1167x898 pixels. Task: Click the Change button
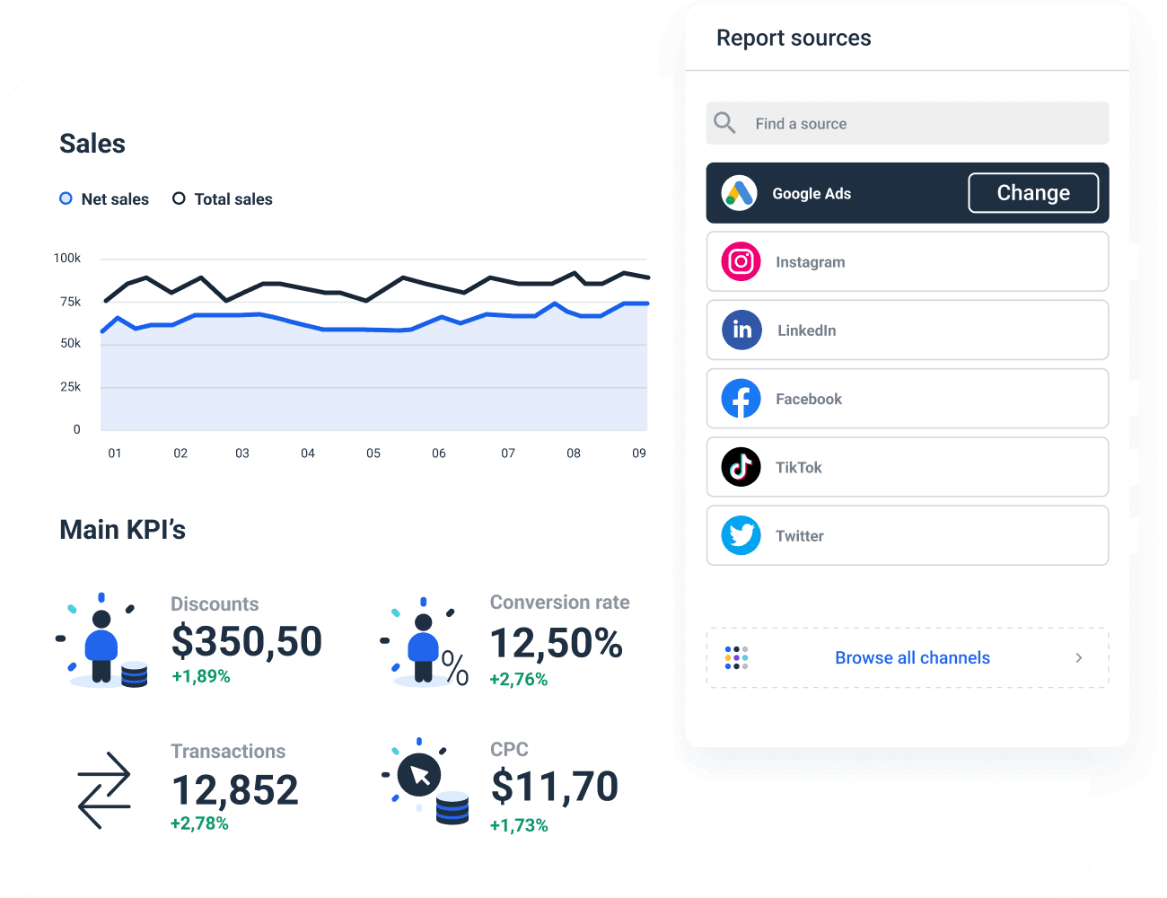(x=1033, y=193)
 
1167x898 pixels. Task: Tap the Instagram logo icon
(x=741, y=261)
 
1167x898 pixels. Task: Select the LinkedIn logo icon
(x=741, y=330)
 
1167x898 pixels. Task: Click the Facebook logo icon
(x=741, y=399)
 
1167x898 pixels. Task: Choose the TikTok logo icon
(x=741, y=467)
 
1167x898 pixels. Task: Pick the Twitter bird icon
(x=741, y=535)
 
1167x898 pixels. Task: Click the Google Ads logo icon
(x=739, y=193)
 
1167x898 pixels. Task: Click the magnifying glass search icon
(x=724, y=123)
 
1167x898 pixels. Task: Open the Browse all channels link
(x=912, y=658)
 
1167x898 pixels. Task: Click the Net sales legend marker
(x=66, y=198)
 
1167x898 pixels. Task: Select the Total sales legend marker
(x=179, y=198)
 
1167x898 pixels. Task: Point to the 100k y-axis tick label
(x=66, y=259)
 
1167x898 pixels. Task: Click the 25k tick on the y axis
(x=70, y=387)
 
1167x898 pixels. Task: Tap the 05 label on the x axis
(x=373, y=453)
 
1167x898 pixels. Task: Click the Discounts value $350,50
(x=247, y=641)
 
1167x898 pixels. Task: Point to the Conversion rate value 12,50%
(x=557, y=643)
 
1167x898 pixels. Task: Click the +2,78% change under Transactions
(x=199, y=823)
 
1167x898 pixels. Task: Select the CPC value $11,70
(x=555, y=787)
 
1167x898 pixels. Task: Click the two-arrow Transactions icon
(x=104, y=790)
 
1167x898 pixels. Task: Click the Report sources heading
(x=794, y=38)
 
